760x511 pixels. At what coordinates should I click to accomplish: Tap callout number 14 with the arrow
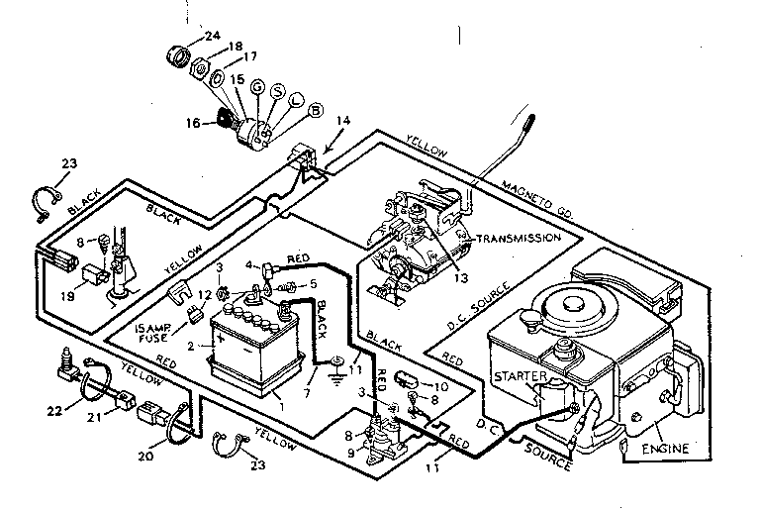click(342, 121)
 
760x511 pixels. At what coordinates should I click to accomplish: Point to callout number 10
click(441, 384)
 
